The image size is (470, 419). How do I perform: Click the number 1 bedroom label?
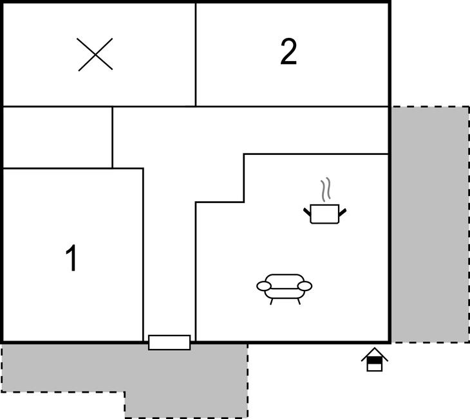pos(71,258)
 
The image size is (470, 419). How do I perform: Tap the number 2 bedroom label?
pos(288,52)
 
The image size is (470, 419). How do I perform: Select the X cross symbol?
pos(95,55)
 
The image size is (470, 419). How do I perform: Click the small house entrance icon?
pos(374,359)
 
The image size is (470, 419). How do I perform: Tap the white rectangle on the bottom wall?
pos(169,343)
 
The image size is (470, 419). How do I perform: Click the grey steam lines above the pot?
pos(326,189)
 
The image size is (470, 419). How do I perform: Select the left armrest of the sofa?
pos(264,286)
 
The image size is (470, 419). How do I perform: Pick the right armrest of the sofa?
pos(305,286)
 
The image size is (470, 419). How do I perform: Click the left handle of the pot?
pos(307,212)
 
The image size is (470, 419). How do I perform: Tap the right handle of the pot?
pos(343,212)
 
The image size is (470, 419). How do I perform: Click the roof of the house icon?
pos(374,354)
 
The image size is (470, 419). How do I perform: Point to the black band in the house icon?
pos(374,360)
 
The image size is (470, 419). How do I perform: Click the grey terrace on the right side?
pos(430,224)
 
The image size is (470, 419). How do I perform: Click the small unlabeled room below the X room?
pos(57,138)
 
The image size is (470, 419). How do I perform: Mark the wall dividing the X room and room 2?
pos(196,55)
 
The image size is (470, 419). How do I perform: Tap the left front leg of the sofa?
pos(272,301)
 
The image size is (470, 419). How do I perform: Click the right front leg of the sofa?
pos(299,301)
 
